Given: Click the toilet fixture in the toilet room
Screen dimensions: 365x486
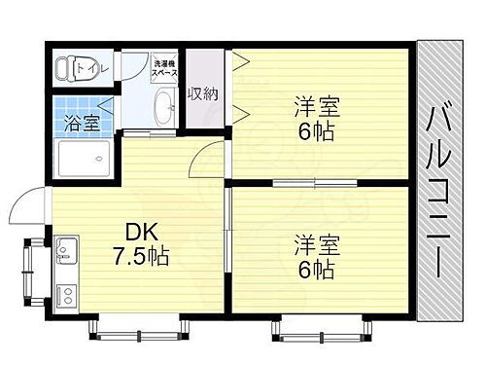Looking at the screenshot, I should click(69, 68).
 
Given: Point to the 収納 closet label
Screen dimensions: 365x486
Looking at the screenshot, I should click(202, 93).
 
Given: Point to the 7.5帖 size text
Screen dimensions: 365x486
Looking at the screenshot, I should click(142, 258).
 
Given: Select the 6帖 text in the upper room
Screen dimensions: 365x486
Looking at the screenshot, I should click(313, 131).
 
